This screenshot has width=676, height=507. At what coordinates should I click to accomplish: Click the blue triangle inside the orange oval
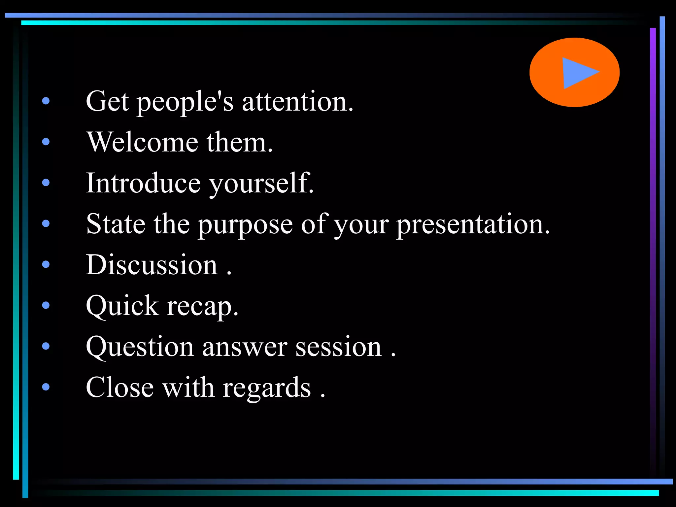(578, 73)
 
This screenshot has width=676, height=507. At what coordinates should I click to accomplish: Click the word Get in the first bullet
(107, 101)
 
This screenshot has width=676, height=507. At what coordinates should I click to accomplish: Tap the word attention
(297, 101)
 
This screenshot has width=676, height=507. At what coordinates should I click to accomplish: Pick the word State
(116, 224)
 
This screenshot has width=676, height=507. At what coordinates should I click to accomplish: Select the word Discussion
(152, 265)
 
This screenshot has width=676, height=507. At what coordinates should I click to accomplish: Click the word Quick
(122, 306)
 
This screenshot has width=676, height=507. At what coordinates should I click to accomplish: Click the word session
(339, 347)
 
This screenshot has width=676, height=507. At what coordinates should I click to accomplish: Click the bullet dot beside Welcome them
(46, 142)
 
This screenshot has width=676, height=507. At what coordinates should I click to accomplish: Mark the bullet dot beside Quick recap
(46, 305)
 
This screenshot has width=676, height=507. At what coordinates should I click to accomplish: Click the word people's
(185, 102)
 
